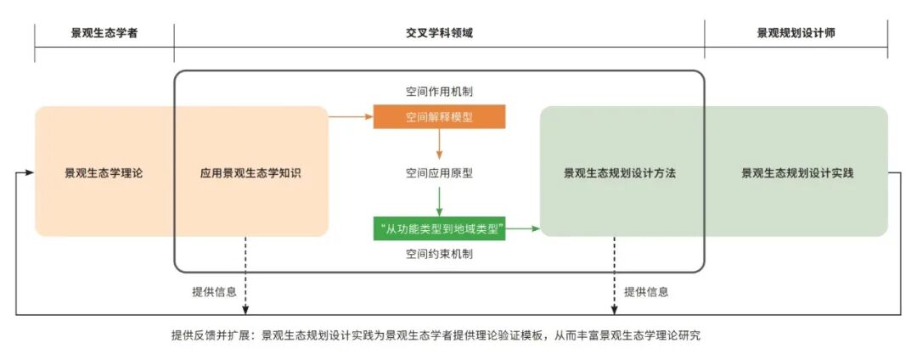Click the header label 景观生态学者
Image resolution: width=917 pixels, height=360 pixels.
tap(104, 34)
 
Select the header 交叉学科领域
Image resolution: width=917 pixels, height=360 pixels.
tap(439, 34)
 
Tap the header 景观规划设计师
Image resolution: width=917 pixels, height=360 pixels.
tap(796, 34)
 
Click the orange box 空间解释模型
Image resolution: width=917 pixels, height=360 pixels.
tap(439, 117)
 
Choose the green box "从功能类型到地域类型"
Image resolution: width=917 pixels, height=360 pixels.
tap(439, 228)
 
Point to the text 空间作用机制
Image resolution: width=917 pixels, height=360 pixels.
tap(439, 91)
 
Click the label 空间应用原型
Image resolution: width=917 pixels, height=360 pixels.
tap(439, 173)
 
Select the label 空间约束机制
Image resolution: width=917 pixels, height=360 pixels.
tap(439, 253)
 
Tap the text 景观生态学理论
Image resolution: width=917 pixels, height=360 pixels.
tap(104, 173)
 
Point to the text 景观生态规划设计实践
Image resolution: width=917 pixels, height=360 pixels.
tap(797, 173)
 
